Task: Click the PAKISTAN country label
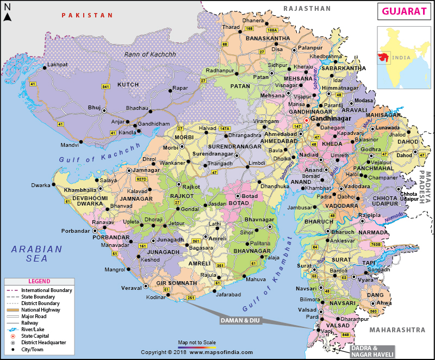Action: point(86,16)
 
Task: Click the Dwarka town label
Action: point(40,185)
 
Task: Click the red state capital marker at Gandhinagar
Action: point(306,120)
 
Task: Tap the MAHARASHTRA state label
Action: point(396,330)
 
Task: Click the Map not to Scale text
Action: point(197,342)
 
